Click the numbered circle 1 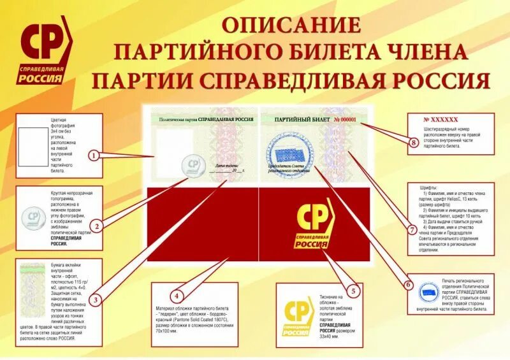(x=94, y=155)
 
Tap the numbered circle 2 (x=96, y=225)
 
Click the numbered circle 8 (x=413, y=143)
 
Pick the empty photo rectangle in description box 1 (x=31, y=145)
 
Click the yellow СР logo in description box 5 (x=299, y=315)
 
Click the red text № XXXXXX (x=441, y=119)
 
